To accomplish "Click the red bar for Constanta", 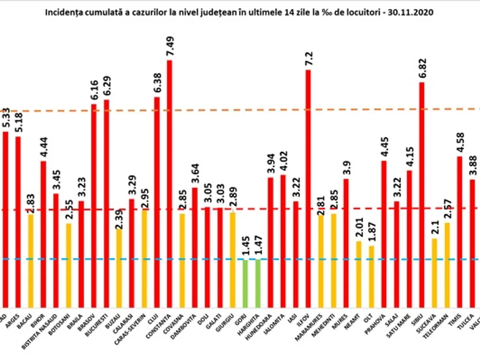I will coord(170,184).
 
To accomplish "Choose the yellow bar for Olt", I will coord(371,276).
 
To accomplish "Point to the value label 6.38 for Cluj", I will coord(157,84).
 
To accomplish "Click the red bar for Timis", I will coord(460,232).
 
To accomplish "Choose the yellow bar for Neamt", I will coord(359,274).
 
